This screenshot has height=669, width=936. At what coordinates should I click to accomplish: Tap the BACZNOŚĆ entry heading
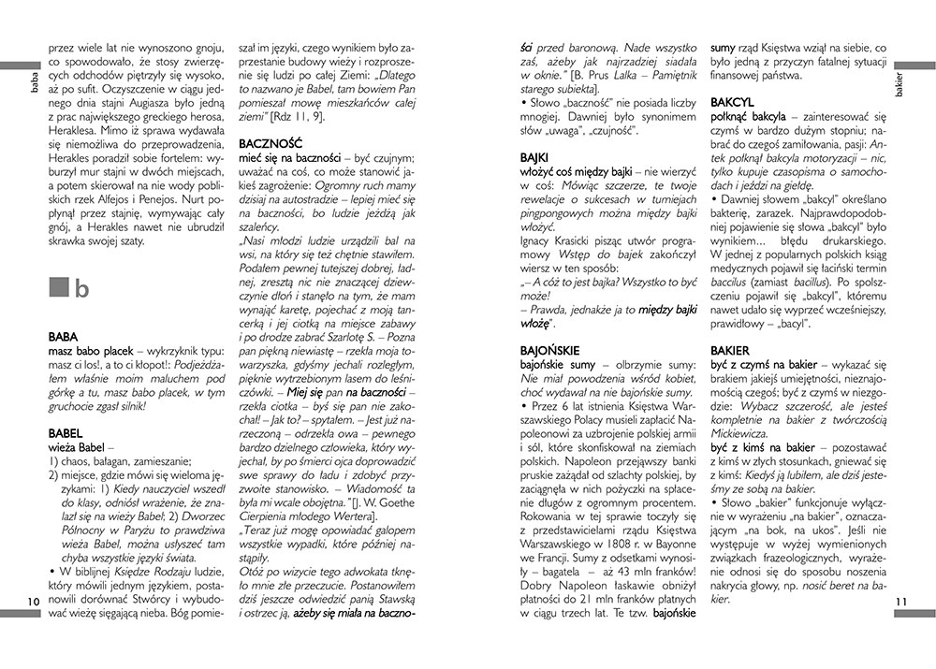[269, 145]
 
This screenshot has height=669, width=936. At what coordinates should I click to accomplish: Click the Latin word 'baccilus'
[733, 280]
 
